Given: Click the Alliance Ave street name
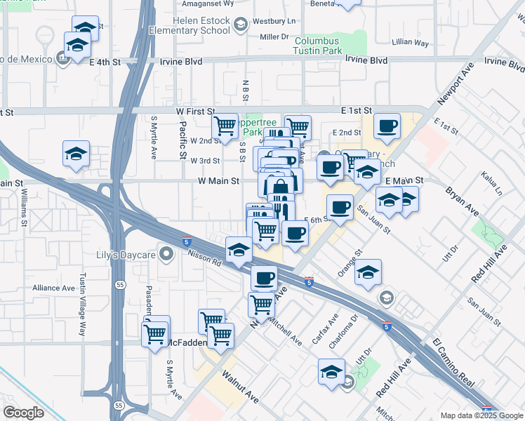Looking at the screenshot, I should [53, 288].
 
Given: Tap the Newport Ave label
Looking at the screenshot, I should [456, 83].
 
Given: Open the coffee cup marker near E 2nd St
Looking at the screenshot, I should [386, 126].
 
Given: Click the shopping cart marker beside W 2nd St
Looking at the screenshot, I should [225, 126].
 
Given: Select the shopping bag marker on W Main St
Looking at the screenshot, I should [279, 187].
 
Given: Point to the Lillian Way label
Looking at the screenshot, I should [412, 43].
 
